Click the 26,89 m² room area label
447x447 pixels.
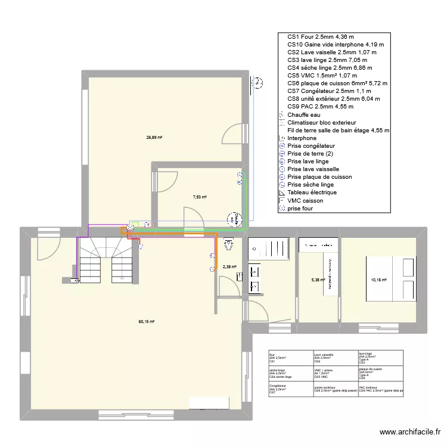[154, 137]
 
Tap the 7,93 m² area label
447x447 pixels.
[200, 197]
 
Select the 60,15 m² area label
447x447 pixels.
[147, 322]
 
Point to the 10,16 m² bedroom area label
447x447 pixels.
[378, 280]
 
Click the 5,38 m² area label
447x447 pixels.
[318, 280]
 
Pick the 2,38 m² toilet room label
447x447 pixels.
[229, 267]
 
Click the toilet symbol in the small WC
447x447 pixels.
[228, 243]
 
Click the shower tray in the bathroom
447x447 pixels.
[271, 247]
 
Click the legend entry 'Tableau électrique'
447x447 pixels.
[312, 193]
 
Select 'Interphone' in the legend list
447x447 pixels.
[302, 138]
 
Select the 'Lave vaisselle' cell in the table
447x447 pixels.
[334, 357]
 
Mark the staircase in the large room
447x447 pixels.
[107, 259]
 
